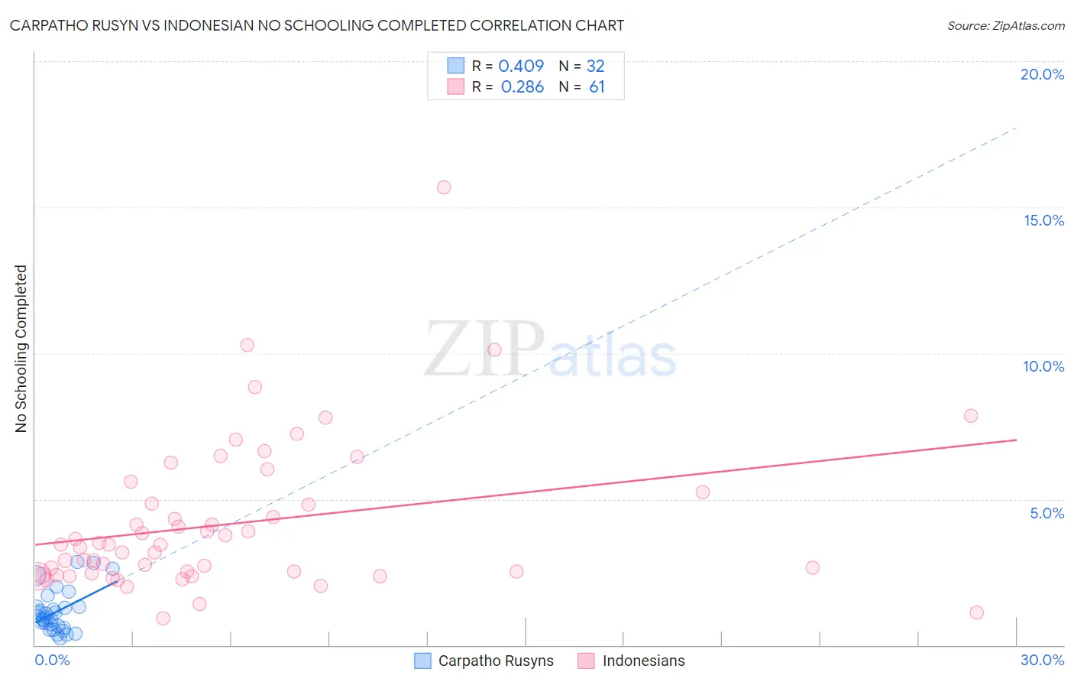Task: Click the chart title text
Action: click(x=317, y=25)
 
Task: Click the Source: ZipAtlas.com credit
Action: click(x=1005, y=25)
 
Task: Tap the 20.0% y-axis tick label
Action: click(x=1042, y=74)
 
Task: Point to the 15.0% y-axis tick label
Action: click(x=1043, y=220)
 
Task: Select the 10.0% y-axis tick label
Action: click(x=1043, y=366)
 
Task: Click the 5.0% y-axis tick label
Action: click(x=1047, y=513)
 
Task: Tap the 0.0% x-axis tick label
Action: click(x=52, y=660)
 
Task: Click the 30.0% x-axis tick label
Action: click(x=1042, y=660)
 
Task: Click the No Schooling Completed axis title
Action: click(x=21, y=349)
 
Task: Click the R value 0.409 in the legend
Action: click(x=521, y=67)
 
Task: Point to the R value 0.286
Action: click(x=522, y=87)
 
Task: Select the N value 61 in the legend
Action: click(x=597, y=87)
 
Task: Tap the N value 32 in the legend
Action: click(x=595, y=67)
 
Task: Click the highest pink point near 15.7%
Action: click(x=444, y=187)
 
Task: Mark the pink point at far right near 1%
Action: click(x=976, y=612)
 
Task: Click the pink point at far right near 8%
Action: click(x=971, y=416)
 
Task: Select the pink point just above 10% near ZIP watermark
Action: click(x=494, y=349)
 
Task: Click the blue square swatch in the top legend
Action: click(x=456, y=66)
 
